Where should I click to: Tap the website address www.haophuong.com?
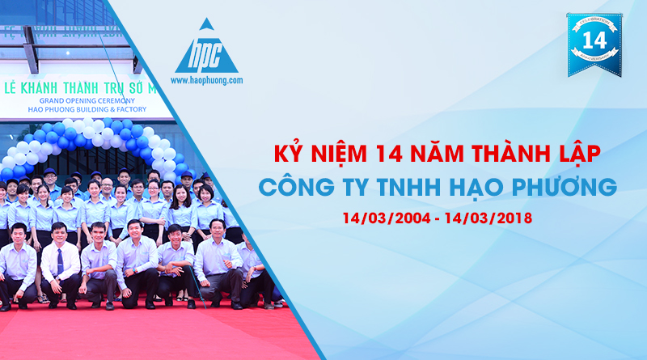[x=206, y=81]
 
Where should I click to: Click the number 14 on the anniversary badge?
[x=594, y=40]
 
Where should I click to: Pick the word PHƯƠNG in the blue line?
[x=556, y=188]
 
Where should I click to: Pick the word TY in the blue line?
[x=342, y=188]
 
